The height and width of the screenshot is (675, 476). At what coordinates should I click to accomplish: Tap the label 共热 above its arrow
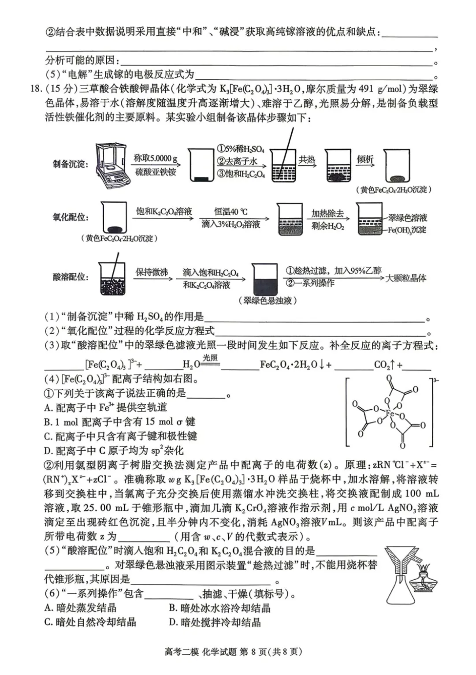click(307, 159)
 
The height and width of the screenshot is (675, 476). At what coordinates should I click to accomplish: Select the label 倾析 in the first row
click(365, 159)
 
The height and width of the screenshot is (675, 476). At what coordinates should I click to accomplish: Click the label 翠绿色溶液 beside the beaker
click(408, 218)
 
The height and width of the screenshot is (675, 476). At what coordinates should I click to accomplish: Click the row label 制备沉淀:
click(71, 164)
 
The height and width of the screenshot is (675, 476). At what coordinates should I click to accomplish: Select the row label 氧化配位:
click(71, 217)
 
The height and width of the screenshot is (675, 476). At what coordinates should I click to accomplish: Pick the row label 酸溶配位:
click(71, 277)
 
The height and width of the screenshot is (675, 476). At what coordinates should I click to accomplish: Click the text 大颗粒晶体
click(406, 278)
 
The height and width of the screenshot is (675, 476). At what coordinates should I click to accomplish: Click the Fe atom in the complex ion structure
click(390, 414)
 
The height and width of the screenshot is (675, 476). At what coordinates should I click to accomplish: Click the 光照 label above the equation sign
click(210, 358)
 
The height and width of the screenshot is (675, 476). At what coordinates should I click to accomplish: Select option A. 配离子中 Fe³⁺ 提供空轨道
click(106, 407)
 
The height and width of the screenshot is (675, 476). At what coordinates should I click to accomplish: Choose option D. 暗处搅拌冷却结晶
click(215, 622)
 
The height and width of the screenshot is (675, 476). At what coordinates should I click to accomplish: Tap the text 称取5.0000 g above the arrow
click(156, 159)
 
